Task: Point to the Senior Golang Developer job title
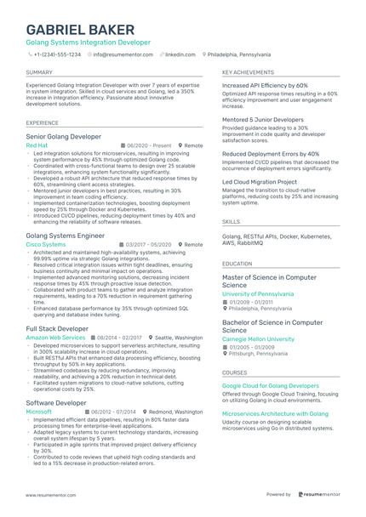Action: [64, 136]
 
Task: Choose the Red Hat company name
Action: [37, 145]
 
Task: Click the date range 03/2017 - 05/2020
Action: [150, 244]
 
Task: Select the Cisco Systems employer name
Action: [46, 244]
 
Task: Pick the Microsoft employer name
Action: [39, 411]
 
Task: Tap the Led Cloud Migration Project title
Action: [260, 181]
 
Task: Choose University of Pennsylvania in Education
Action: [258, 293]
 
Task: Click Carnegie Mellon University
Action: [258, 338]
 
